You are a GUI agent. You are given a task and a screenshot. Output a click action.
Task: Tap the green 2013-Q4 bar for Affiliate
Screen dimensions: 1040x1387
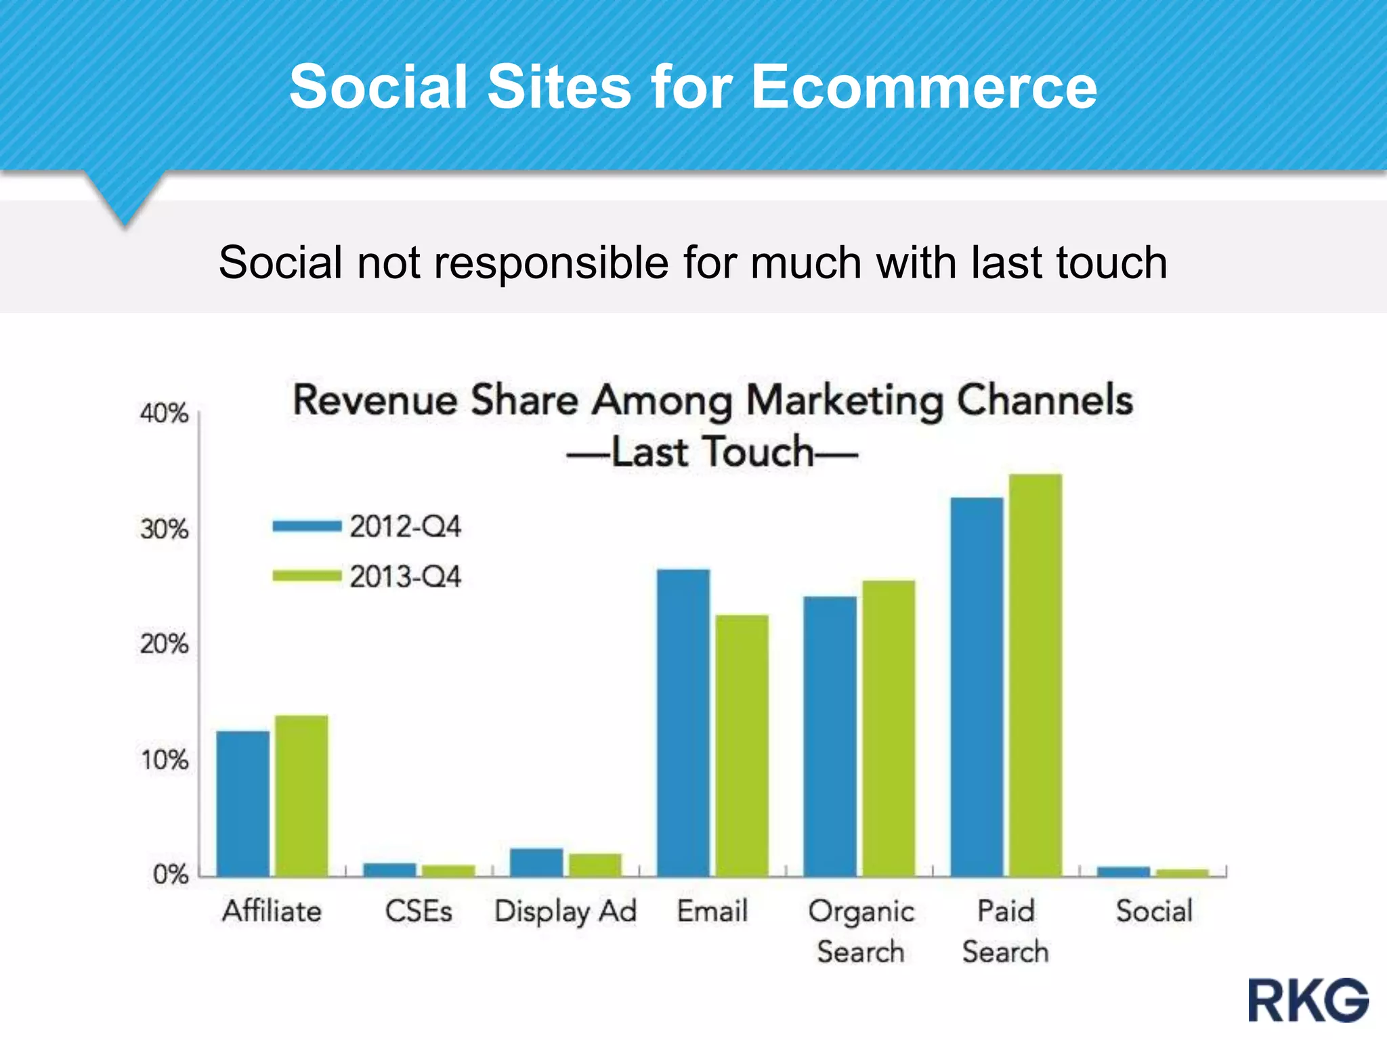[x=301, y=796]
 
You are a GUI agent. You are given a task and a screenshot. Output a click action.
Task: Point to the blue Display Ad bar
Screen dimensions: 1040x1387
[x=536, y=863]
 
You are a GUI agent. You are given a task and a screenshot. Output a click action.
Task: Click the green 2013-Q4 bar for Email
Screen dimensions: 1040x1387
[x=742, y=745]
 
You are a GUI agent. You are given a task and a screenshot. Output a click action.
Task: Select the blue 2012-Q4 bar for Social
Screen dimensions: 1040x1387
[x=1124, y=871]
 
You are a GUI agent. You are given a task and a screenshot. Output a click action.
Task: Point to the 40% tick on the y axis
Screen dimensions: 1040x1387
[x=164, y=413]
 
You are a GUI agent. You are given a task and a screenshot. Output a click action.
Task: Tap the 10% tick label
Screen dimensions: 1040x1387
[x=164, y=760]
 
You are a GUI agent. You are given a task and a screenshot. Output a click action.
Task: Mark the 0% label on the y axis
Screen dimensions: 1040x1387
[x=170, y=874]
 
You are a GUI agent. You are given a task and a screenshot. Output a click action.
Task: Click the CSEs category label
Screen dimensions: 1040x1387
[x=419, y=911]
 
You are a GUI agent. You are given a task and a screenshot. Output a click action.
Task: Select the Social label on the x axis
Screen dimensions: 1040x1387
[x=1154, y=911]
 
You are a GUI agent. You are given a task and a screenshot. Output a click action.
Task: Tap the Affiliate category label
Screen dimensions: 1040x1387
[x=272, y=911]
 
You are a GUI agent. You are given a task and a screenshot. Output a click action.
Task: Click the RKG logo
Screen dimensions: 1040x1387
[x=1308, y=1000]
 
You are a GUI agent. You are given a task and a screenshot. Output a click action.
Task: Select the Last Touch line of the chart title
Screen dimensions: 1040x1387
[x=712, y=452]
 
